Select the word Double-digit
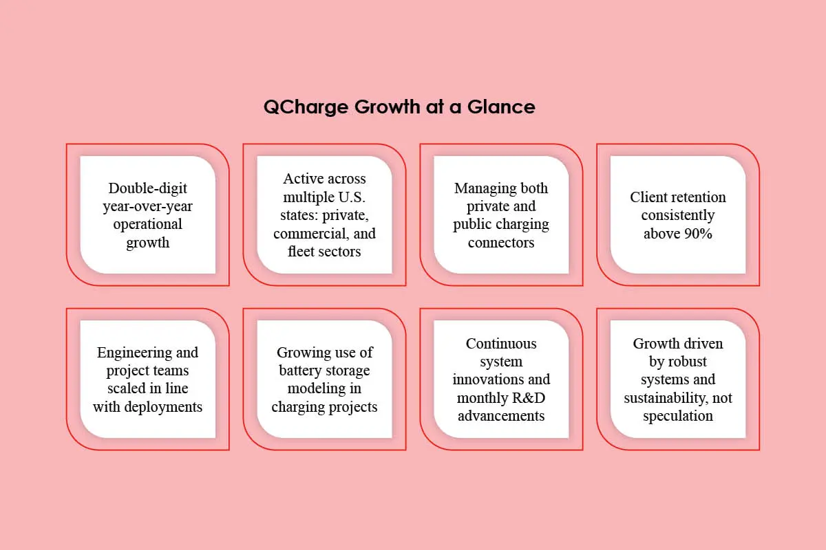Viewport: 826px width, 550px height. (147, 188)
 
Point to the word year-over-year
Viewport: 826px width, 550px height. (147, 206)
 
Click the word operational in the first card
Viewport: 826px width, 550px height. (147, 224)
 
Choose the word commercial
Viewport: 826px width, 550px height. (303, 233)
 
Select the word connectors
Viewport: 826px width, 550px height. (501, 242)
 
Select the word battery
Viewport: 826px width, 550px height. (300, 371)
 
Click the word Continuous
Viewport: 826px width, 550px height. (501, 343)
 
